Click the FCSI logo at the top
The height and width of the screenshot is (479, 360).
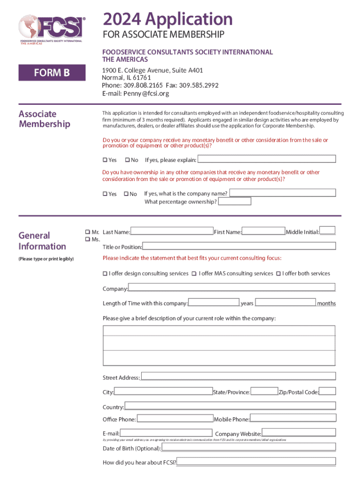(x=52, y=28)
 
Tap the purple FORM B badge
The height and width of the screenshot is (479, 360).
(x=52, y=73)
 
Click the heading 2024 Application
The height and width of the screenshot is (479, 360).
(x=168, y=19)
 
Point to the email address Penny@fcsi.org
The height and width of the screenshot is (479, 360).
(x=145, y=94)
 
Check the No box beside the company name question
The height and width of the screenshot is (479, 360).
(x=126, y=194)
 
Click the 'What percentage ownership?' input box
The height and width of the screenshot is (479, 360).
(x=235, y=202)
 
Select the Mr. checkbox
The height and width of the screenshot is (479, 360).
(x=87, y=232)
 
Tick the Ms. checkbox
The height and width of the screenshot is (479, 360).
(x=87, y=239)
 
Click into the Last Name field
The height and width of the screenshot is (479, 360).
(x=172, y=231)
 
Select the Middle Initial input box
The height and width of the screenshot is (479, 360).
(x=327, y=230)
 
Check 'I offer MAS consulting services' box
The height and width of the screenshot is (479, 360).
(x=194, y=274)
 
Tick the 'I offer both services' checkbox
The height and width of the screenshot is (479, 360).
(x=278, y=274)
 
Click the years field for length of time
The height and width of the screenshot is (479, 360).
(x=214, y=302)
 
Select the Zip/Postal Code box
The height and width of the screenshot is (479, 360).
(x=327, y=391)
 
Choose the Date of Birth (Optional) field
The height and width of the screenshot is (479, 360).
(x=248, y=448)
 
